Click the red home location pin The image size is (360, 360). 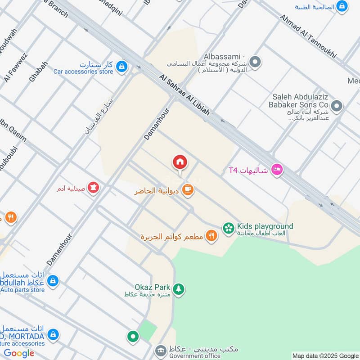180,162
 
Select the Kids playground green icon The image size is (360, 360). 229,229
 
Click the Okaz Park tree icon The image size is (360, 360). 179,290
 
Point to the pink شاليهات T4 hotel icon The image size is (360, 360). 277,170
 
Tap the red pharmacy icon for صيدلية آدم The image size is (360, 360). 93,187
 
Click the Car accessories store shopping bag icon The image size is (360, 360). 121,67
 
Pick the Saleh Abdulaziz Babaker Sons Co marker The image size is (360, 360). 337,107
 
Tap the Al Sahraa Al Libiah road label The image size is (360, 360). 184,95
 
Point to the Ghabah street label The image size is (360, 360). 38,71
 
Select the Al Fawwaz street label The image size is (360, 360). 15,67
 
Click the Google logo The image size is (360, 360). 19,353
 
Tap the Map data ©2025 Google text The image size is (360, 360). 324,355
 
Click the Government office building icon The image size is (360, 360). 161,350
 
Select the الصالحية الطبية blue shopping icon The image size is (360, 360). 342,6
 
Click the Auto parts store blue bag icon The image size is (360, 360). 53,281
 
